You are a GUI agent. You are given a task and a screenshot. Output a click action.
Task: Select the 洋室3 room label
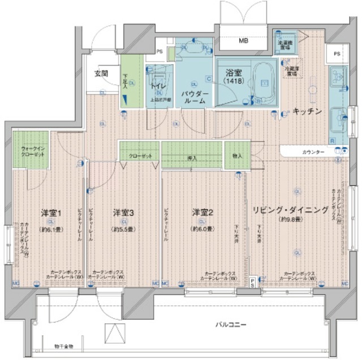click(x=123, y=213)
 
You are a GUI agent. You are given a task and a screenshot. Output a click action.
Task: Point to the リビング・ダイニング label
click(x=291, y=210)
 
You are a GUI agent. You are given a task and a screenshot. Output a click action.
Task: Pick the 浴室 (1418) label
click(x=234, y=77)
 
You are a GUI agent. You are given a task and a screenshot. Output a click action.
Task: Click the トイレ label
click(x=158, y=86)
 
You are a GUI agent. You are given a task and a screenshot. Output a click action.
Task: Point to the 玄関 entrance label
click(x=101, y=73)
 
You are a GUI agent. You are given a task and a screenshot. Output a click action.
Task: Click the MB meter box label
click(x=243, y=41)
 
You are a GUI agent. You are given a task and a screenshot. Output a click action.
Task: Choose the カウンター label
click(x=312, y=153)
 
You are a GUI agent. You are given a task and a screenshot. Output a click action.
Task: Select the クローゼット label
click(x=139, y=156)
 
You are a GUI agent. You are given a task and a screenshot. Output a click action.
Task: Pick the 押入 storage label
click(x=192, y=158)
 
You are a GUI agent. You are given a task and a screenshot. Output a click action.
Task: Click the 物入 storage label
click(x=236, y=156)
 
